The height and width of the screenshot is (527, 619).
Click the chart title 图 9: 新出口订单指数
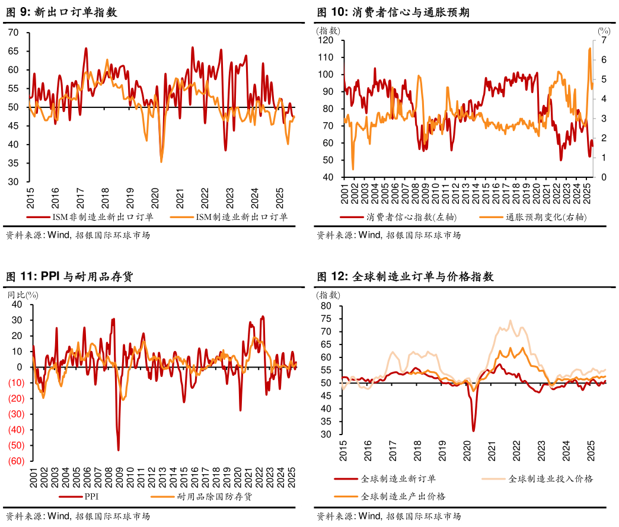click(61, 12)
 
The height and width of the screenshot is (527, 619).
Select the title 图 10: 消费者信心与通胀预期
click(393, 12)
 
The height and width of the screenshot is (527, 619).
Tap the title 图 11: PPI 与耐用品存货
click(69, 276)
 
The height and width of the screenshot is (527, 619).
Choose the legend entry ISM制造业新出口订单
click(242, 218)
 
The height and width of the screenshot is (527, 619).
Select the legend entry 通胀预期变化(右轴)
click(546, 218)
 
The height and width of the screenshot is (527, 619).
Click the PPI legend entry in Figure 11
click(91, 497)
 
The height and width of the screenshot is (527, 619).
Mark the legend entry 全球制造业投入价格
click(550, 478)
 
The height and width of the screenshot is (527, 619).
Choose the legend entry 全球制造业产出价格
click(403, 496)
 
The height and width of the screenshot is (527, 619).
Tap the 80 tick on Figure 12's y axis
click(326, 306)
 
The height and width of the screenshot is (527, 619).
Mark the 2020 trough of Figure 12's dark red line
click(473, 430)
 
